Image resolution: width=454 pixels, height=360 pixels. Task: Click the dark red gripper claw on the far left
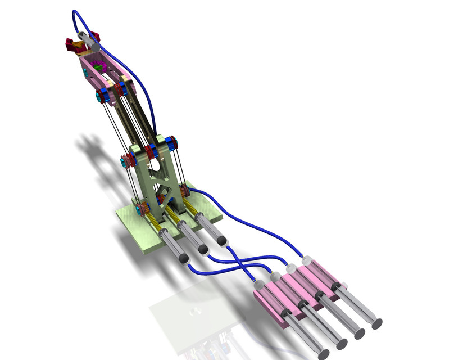[x=72, y=46]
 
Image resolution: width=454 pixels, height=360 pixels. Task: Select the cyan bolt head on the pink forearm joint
[x=100, y=97]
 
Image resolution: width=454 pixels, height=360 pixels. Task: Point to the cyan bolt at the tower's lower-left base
[x=138, y=211]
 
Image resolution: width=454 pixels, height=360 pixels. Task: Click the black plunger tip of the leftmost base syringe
[x=183, y=259]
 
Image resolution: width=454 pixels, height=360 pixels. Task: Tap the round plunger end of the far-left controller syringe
[x=323, y=354]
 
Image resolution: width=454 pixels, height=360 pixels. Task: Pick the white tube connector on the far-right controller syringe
[x=307, y=260]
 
